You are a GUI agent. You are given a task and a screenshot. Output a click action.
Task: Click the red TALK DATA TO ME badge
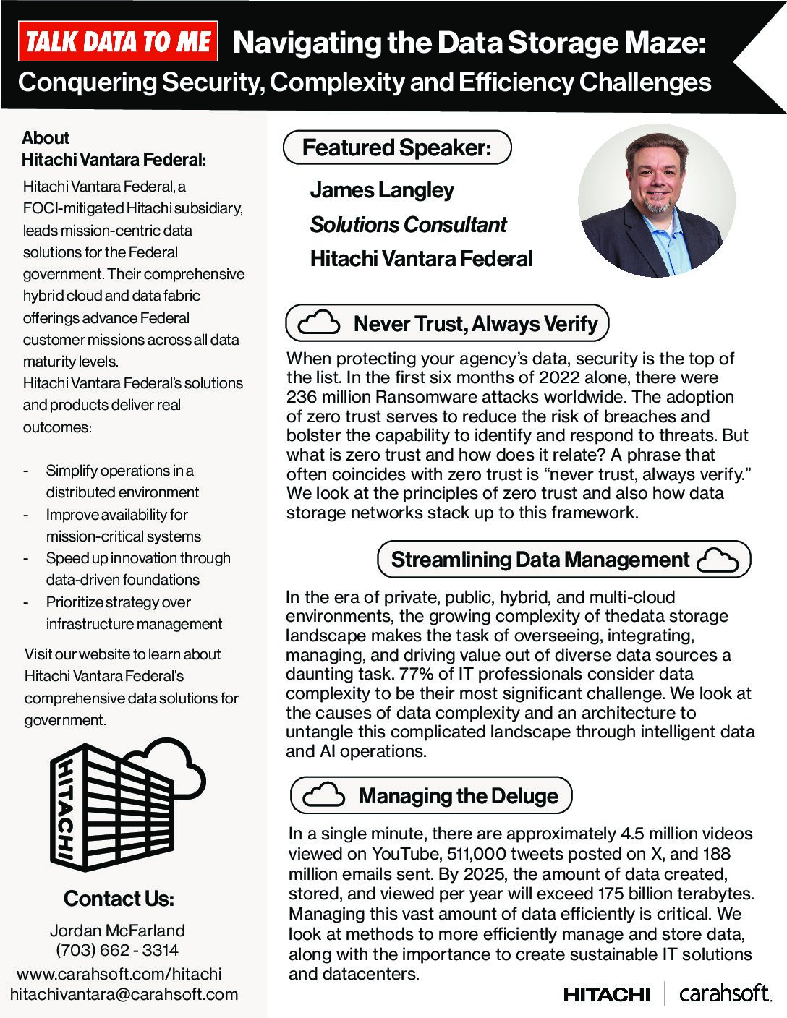[x=118, y=41]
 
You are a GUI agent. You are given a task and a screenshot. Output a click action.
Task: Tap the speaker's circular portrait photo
[x=656, y=201]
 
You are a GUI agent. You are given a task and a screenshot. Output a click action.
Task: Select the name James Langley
[x=381, y=190]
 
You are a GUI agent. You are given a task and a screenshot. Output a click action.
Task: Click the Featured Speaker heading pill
[x=396, y=147]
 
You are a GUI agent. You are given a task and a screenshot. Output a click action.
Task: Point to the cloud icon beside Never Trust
[x=318, y=323]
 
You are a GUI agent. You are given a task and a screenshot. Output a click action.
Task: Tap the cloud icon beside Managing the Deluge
[x=323, y=795]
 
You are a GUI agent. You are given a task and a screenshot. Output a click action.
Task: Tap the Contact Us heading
[x=119, y=899]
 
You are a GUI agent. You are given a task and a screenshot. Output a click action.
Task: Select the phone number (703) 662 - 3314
[x=117, y=950]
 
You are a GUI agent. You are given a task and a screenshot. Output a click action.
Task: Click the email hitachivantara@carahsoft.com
[x=124, y=994]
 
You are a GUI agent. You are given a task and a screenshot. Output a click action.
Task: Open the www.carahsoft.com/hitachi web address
[x=119, y=973]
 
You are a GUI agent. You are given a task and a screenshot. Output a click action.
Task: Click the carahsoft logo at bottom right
[x=724, y=994]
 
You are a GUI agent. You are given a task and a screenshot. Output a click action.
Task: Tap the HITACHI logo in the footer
[x=606, y=996]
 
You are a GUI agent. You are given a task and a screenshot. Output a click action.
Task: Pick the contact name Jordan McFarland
[x=117, y=931]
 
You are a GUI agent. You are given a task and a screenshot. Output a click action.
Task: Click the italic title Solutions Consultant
[x=408, y=225]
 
